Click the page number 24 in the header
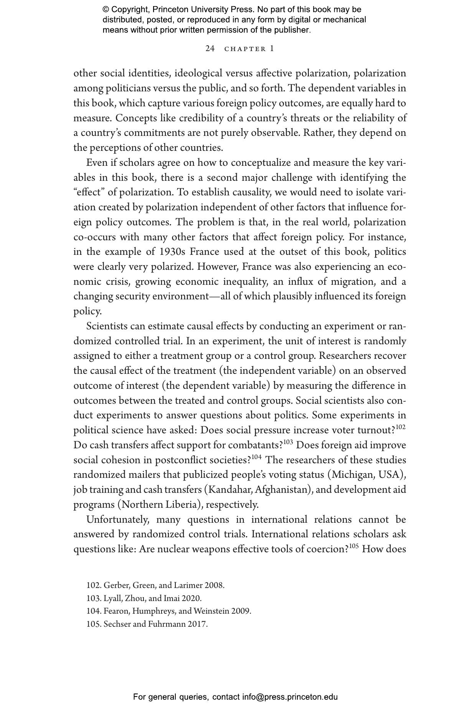click(x=210, y=49)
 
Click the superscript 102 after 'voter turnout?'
click(x=401, y=427)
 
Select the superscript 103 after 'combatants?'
click(x=288, y=442)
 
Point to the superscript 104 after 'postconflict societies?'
click(x=257, y=457)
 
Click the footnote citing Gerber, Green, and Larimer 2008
click(x=155, y=585)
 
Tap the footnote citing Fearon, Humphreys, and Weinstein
click(x=169, y=611)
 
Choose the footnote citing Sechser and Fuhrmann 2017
click(x=147, y=624)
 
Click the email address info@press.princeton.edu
click(x=290, y=697)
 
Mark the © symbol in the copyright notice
click(x=106, y=10)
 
